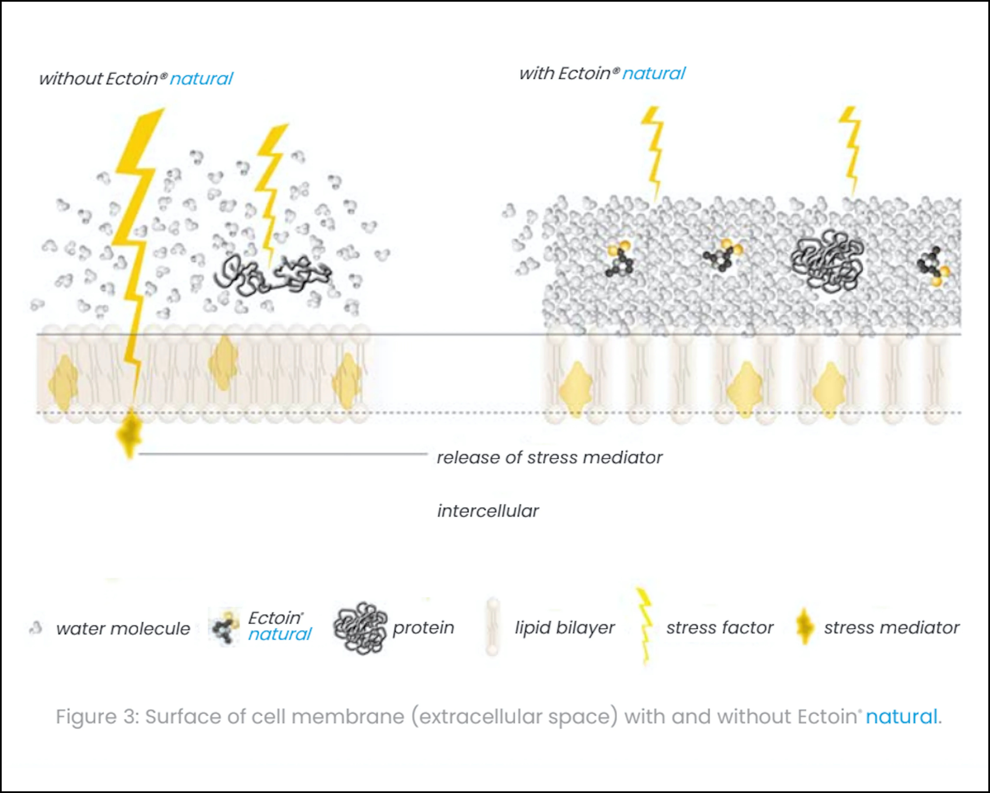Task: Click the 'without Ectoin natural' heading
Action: (136, 79)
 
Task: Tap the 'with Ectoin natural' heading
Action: (602, 73)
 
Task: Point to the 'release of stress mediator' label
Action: (549, 458)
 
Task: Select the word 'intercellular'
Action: (488, 511)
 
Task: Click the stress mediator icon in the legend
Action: (805, 627)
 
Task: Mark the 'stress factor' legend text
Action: (720, 627)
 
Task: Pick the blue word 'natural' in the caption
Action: (901, 716)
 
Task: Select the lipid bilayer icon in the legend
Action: (493, 627)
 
